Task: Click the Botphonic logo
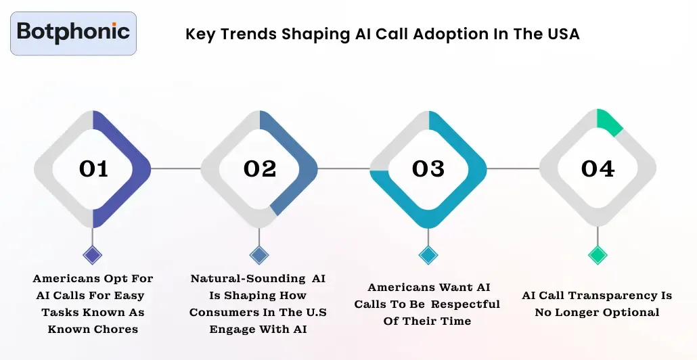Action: [73, 32]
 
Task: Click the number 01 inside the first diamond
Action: [93, 168]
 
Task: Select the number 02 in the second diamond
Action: [261, 168]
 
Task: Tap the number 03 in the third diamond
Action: [428, 168]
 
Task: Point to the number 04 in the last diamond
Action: [598, 168]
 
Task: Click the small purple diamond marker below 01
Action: [93, 255]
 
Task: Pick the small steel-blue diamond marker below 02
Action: [259, 255]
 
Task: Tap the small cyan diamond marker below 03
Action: [428, 255]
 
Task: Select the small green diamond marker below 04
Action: [597, 255]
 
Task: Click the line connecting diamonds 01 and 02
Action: [176, 168]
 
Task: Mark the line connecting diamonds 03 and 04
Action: [512, 168]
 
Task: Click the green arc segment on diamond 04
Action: [610, 122]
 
